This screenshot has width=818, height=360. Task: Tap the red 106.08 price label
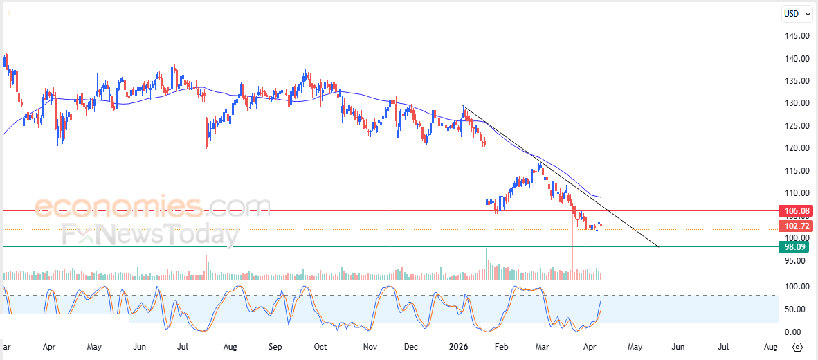[794, 210]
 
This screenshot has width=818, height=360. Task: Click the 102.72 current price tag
[794, 226]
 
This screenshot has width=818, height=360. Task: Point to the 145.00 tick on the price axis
[796, 36]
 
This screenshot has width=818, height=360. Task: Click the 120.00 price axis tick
[796, 148]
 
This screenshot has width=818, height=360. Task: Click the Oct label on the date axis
[320, 346]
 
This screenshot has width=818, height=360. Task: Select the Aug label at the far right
[770, 346]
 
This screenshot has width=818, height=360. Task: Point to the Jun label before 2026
[140, 346]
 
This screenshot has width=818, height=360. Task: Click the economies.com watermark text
[152, 207]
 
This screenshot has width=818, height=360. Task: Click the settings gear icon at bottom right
[797, 347]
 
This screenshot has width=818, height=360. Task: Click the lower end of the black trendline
[657, 246]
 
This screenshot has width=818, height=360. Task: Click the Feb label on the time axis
[500, 346]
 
